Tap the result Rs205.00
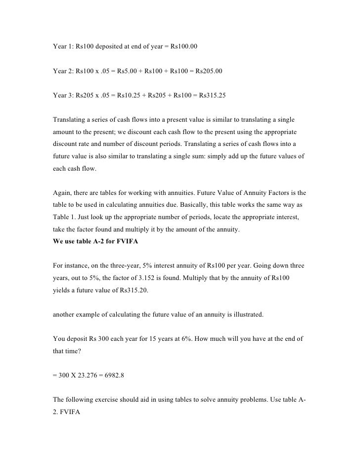209,71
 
